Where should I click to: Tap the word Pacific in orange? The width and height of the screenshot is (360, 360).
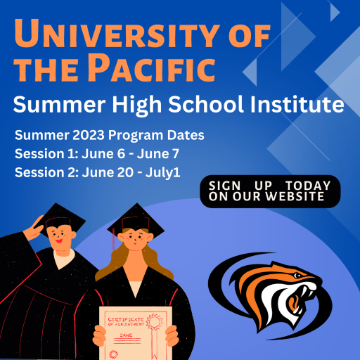pos(151,67)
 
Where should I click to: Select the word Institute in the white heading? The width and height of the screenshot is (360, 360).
pos(297,104)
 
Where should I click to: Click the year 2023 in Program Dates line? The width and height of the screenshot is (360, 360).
pos(89,135)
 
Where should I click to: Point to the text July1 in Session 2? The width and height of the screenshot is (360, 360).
pos(163,173)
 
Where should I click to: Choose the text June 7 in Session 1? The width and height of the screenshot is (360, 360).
pos(158,154)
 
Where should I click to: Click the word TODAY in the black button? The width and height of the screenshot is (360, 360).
pos(308,186)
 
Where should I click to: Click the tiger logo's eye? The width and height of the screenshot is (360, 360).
pos(297,276)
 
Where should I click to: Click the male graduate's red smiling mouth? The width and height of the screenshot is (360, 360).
pos(59,240)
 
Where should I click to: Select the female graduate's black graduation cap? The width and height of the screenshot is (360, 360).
pos(136,219)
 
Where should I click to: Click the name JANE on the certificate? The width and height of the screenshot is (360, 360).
pos(126,335)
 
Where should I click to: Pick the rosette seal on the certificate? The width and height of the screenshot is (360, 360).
pos(155,321)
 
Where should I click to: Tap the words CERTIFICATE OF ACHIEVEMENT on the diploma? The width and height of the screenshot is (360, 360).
pos(126,322)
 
